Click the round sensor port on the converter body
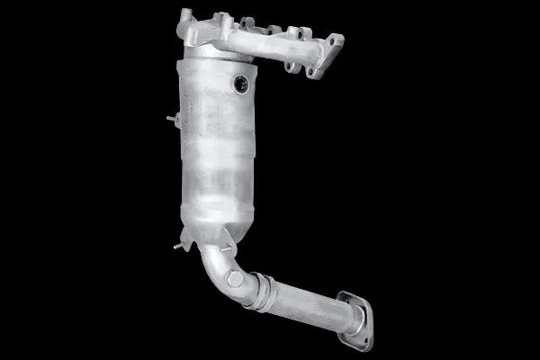click(241, 84)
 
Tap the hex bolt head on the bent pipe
click(235, 279)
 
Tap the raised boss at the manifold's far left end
click(186, 17)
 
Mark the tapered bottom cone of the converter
click(211, 220)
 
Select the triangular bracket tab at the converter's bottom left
click(187, 238)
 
